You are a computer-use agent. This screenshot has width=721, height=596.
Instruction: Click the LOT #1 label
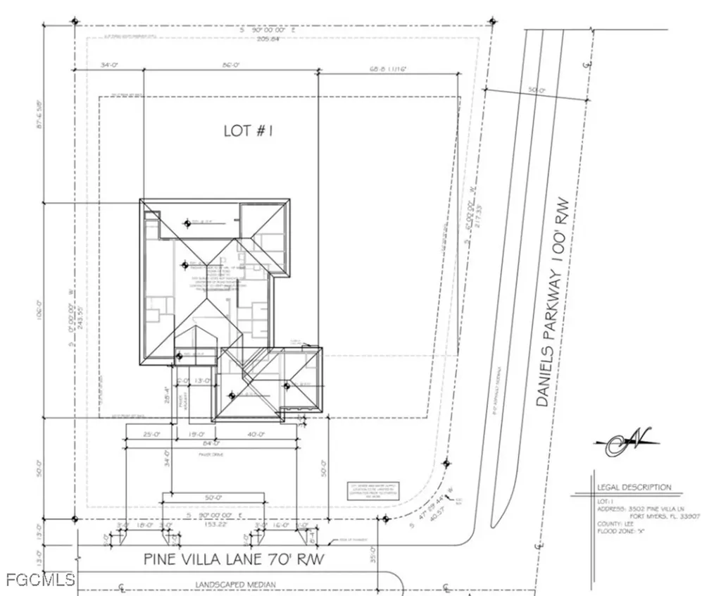[x=248, y=130]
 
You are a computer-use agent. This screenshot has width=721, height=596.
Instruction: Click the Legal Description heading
[x=634, y=488]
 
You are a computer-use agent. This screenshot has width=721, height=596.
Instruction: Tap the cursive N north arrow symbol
[x=626, y=442]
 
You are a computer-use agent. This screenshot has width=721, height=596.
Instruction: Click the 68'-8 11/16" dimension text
[x=388, y=69]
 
